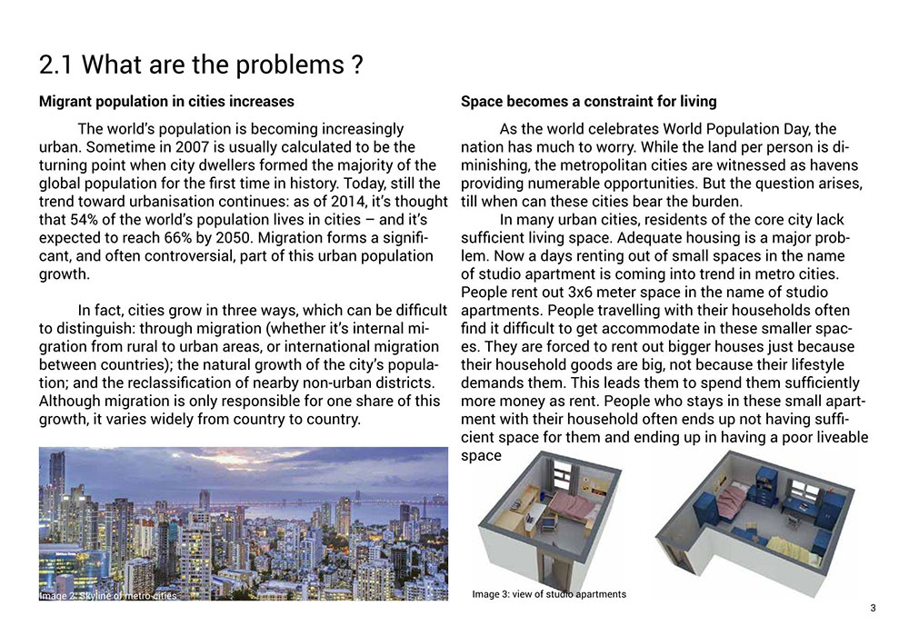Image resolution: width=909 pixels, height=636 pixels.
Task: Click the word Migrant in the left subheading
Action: click(x=69, y=101)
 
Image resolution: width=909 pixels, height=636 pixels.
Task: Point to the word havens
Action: click(x=833, y=165)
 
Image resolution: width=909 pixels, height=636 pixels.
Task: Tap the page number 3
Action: click(x=873, y=608)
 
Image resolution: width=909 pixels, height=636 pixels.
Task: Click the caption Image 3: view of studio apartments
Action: click(x=549, y=594)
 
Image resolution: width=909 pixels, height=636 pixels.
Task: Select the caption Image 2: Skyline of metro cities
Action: click(x=108, y=595)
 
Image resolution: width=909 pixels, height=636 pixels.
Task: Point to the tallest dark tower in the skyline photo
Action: click(x=57, y=482)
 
